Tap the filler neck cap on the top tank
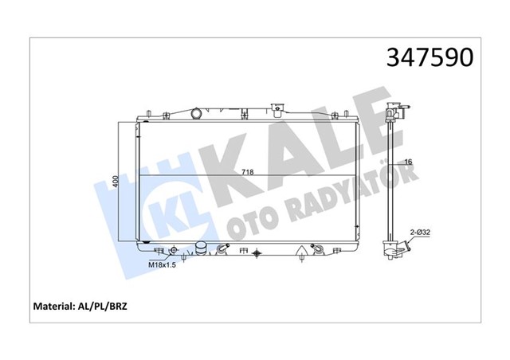pyautogui.click(x=278, y=107)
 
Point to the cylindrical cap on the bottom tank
pyautogui.click(x=202, y=248)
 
